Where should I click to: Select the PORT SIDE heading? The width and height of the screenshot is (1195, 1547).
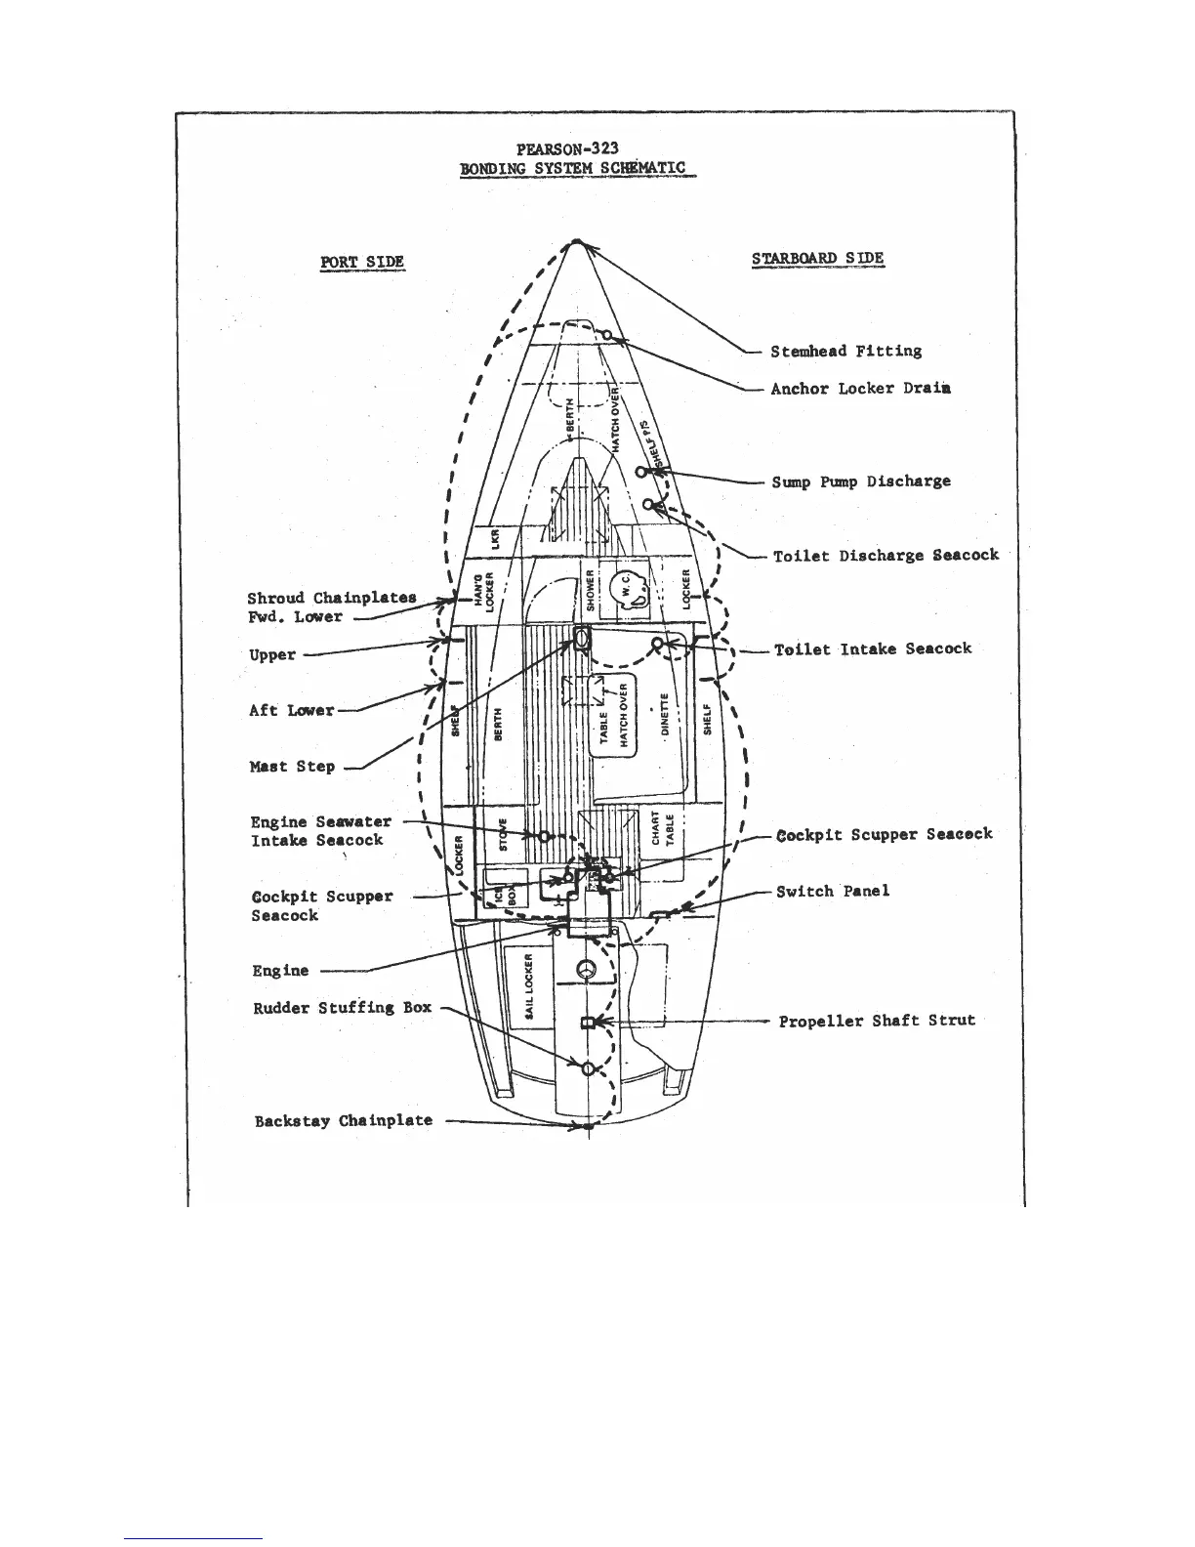coord(362,262)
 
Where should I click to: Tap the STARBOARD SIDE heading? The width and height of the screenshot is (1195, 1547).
coord(817,259)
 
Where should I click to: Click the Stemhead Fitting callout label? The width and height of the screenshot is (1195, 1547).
coord(845,352)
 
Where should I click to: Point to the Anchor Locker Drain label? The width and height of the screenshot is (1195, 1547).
coord(860,389)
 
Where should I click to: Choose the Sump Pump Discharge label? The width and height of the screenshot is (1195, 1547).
coord(860,481)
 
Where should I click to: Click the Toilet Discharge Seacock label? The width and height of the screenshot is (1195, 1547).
coord(886,556)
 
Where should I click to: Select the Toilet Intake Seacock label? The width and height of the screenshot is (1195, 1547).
coord(873,649)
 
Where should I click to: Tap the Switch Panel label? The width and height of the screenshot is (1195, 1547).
coord(833,892)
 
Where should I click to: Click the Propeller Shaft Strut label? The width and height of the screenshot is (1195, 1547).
coord(877,1021)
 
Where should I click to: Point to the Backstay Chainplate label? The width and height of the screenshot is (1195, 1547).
coord(343,1121)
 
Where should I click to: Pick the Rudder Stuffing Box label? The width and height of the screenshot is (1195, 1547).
coord(342,1008)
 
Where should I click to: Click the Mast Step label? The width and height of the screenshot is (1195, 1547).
coord(292,767)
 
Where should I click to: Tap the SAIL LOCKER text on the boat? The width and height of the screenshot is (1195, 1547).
coord(528,986)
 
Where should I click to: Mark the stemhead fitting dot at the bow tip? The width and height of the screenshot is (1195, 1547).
coord(578,241)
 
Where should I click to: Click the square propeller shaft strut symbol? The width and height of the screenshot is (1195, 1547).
coord(588,1023)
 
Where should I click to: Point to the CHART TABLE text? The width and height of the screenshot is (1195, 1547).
coord(663,828)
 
